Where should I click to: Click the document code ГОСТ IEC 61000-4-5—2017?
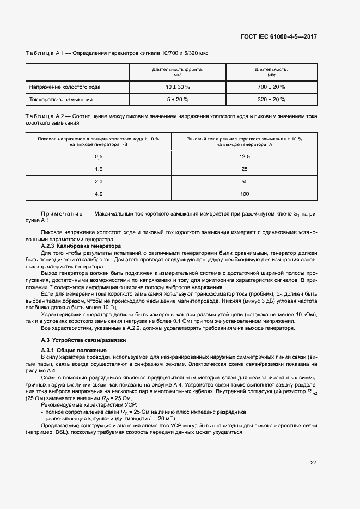point(278,37)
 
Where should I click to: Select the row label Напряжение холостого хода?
point(65,87)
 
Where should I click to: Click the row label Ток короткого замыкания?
point(61,100)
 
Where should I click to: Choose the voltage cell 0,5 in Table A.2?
point(99,157)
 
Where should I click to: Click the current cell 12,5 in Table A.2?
point(244,157)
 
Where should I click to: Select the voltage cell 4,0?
point(99,194)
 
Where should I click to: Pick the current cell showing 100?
point(244,194)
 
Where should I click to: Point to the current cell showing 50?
point(244,182)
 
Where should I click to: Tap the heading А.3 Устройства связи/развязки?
point(76,340)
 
